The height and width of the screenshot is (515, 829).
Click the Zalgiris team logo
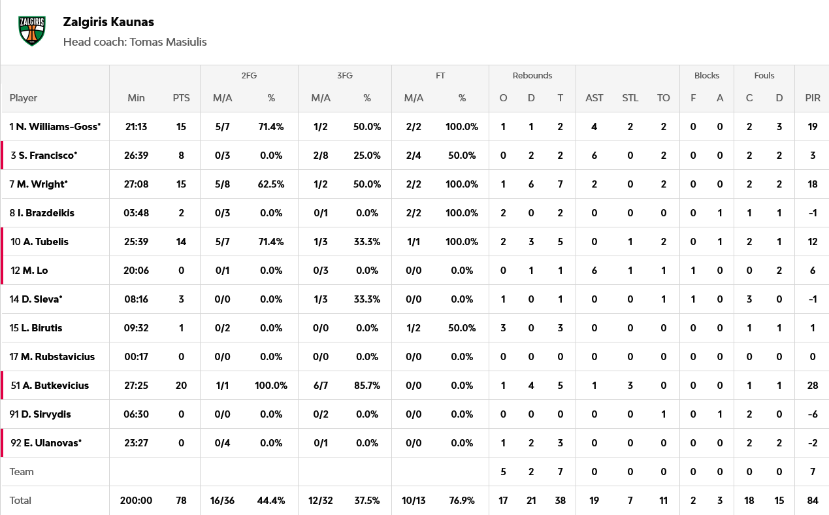[x=32, y=31]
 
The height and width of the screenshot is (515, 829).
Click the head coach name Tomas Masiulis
[x=168, y=42]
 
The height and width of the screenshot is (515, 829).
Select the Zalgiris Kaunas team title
[x=108, y=22]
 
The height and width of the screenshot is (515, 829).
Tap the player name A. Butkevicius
[x=56, y=386]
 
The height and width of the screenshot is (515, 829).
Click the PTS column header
[x=181, y=98]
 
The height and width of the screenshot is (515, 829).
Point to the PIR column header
[x=813, y=98]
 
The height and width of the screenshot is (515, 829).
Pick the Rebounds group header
[x=532, y=76]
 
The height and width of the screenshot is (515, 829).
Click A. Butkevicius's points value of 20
[x=181, y=386]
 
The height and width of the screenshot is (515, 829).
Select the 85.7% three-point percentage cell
[x=366, y=386]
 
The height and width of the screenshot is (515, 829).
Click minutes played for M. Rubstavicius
[x=136, y=357]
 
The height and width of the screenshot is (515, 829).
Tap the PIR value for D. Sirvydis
[x=813, y=414]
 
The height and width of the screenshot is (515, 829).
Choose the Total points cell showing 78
[x=181, y=501]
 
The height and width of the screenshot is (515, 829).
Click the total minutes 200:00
[x=136, y=501]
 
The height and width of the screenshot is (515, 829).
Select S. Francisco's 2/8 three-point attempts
[x=320, y=156]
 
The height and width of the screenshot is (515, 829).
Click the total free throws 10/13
[x=414, y=501]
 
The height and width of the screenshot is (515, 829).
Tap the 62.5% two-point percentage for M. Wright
[x=270, y=184]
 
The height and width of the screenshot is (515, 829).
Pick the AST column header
[x=594, y=98]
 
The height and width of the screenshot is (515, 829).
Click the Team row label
[x=22, y=472]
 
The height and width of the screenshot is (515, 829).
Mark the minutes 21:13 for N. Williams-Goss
[x=136, y=127]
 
